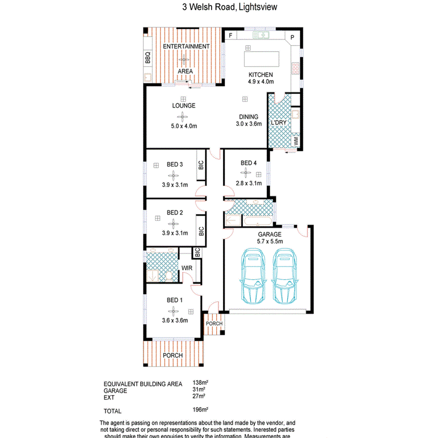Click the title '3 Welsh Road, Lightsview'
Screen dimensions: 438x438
coord(230,7)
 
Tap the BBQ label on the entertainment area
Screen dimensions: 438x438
coord(148,58)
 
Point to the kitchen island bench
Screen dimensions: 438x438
coord(261,60)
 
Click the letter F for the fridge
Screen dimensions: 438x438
coord(230,36)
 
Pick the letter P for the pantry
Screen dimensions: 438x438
coord(292,38)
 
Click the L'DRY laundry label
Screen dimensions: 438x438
coord(278,123)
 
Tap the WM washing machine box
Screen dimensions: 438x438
coord(296,140)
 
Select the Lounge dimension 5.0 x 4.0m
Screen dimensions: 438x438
coord(183,126)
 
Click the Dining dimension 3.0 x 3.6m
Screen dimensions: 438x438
coord(249,125)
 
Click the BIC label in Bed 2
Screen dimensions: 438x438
coord(201,232)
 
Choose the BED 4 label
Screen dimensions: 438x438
coord(249,163)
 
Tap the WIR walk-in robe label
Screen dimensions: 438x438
coord(188,268)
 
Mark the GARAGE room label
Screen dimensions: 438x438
coord(269,234)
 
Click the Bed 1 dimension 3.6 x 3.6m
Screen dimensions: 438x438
coord(174,321)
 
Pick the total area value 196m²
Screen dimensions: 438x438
coord(200,409)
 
